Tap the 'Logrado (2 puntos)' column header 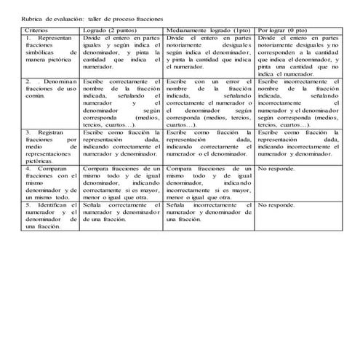point(108,29)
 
